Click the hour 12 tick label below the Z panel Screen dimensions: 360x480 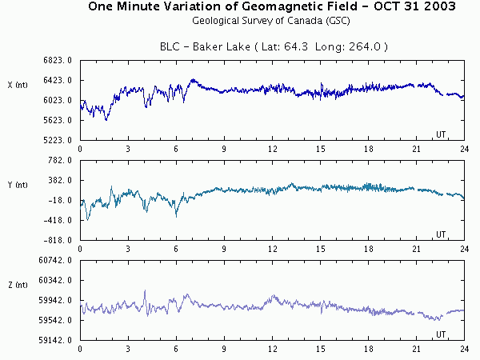[x=272, y=350]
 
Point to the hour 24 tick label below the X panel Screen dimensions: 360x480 [x=464, y=149]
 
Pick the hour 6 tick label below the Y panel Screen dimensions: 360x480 [x=176, y=249]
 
